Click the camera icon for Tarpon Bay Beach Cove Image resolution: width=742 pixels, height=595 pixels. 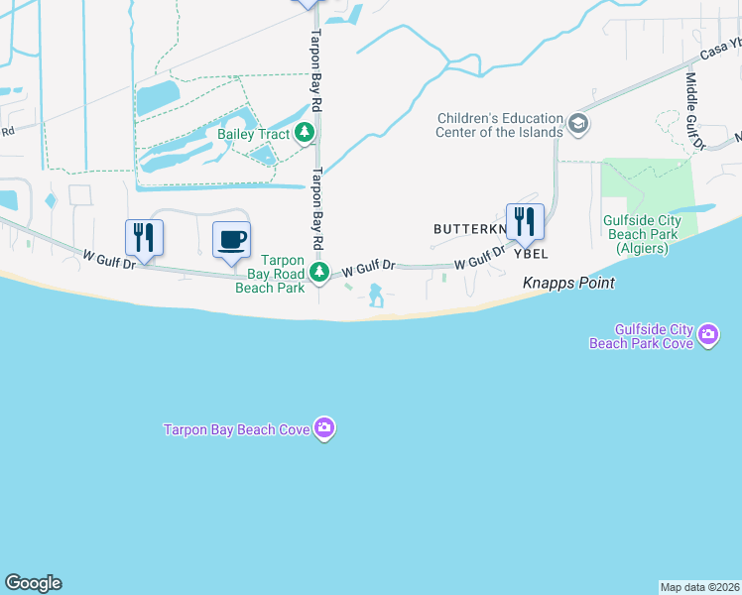click(x=324, y=428)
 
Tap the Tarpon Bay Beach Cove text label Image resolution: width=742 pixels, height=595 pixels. click(x=238, y=428)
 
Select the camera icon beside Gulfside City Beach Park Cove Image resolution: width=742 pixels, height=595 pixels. click(x=708, y=335)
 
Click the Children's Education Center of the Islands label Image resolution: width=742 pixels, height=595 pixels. click(x=500, y=125)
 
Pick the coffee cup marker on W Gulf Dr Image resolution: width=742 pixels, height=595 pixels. click(x=232, y=240)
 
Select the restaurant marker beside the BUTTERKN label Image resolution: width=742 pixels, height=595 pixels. click(x=525, y=221)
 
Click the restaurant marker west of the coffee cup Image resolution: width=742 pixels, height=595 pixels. click(x=145, y=238)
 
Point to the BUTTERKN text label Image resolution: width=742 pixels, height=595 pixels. click(x=468, y=229)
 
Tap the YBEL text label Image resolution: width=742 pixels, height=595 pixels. click(x=530, y=254)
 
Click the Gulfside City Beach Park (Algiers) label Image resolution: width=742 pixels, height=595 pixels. click(x=642, y=233)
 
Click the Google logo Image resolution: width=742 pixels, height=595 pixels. click(x=33, y=583)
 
